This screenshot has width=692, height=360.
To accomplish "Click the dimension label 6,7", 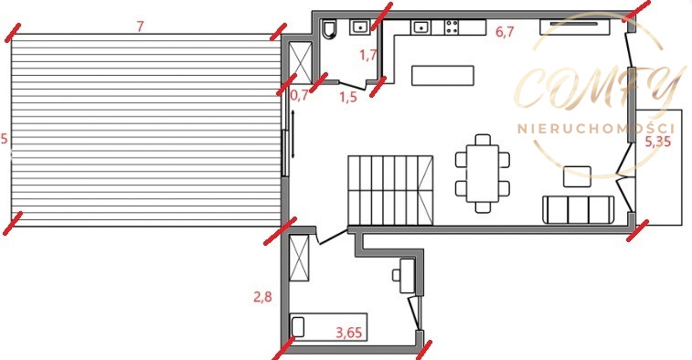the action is (505, 32).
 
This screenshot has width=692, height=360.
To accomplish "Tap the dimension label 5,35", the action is (657, 142).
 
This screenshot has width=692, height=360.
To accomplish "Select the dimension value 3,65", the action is (348, 333).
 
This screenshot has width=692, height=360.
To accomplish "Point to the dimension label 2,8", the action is (262, 297).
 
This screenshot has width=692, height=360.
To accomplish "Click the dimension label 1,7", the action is (368, 55).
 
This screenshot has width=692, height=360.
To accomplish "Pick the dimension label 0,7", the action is (300, 95).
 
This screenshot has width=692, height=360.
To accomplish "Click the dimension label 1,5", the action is (348, 97).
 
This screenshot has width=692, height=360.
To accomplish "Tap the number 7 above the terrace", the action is (140, 26).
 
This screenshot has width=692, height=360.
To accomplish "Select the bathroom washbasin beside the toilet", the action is (360, 27).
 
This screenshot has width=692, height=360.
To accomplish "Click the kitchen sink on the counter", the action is (421, 27).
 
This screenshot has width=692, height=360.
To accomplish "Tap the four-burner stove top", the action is (451, 27).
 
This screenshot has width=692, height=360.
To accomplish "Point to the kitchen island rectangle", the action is (442, 76).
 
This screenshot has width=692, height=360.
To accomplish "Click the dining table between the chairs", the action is (483, 174).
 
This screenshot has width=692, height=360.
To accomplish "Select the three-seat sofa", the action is (578, 210).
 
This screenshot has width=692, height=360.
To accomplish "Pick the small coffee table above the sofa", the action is (577, 176).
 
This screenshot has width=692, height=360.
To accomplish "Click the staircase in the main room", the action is (390, 190).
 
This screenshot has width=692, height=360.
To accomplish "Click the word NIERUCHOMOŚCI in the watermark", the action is (596, 129).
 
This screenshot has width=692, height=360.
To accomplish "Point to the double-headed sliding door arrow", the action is (293, 134).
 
